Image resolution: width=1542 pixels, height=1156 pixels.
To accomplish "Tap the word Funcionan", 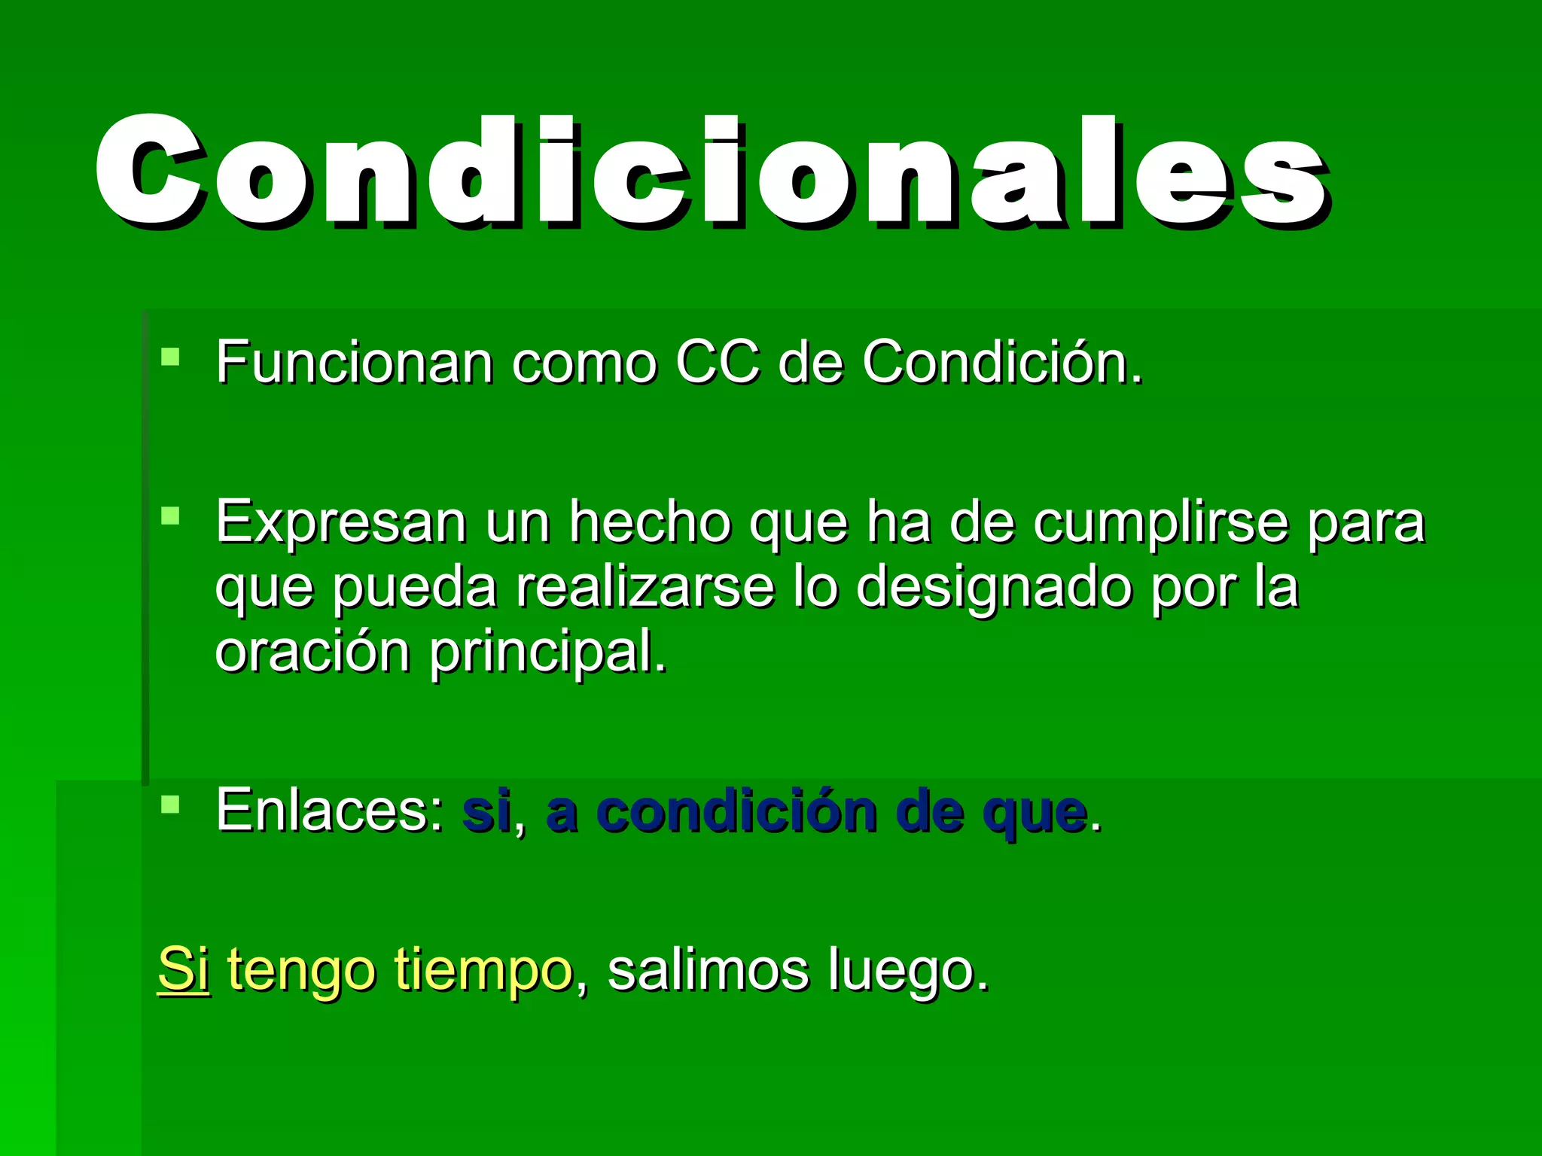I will tap(354, 363).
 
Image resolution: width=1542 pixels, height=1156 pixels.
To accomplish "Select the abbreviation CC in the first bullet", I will tap(717, 363).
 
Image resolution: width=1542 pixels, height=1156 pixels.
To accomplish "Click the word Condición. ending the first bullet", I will tap(1001, 363).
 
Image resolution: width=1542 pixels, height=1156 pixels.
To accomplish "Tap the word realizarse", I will tap(645, 587).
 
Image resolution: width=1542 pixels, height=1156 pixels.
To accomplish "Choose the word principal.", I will tap(548, 652).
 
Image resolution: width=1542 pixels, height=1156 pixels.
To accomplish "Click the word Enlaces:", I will tap(330, 811).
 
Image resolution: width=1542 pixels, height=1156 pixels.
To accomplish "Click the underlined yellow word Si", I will tap(183, 969).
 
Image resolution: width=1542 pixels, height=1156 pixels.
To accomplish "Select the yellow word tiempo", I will tap(483, 971).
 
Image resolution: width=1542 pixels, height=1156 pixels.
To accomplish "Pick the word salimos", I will tap(708, 969).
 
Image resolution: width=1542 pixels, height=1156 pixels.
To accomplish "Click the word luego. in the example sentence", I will tap(908, 971).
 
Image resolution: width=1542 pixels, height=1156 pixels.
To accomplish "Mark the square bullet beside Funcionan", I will tap(171, 356).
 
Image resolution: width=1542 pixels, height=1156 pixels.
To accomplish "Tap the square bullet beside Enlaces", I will tap(171, 804).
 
